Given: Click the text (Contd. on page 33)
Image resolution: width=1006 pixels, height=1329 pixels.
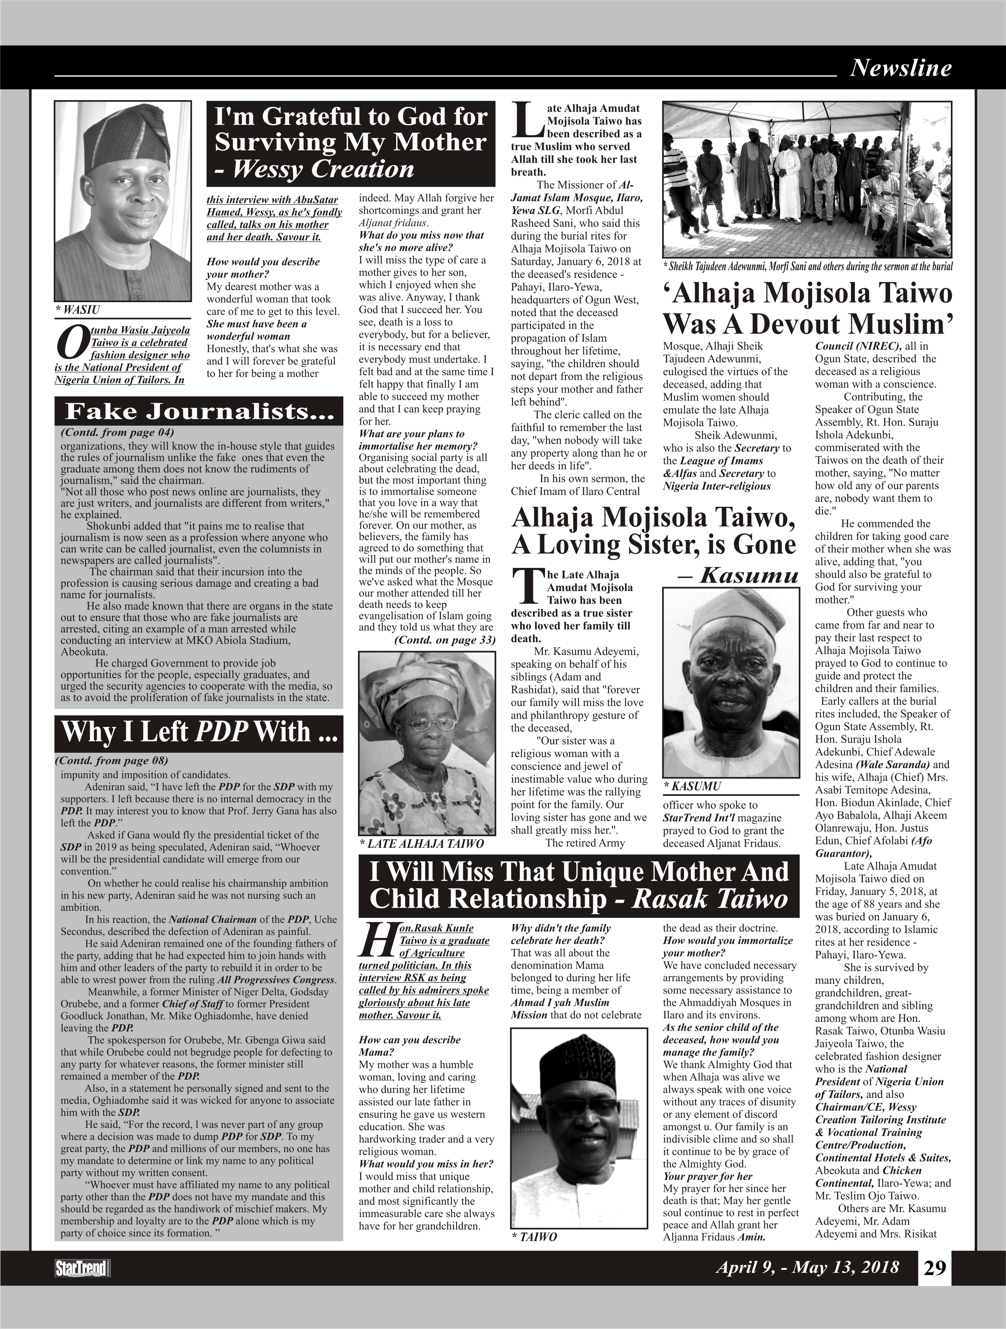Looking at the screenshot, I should pos(445,640).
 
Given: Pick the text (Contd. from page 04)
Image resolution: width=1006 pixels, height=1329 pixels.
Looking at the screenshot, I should pos(117,432).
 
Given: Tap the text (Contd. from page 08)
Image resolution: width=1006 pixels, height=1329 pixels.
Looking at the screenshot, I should pos(111,761).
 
